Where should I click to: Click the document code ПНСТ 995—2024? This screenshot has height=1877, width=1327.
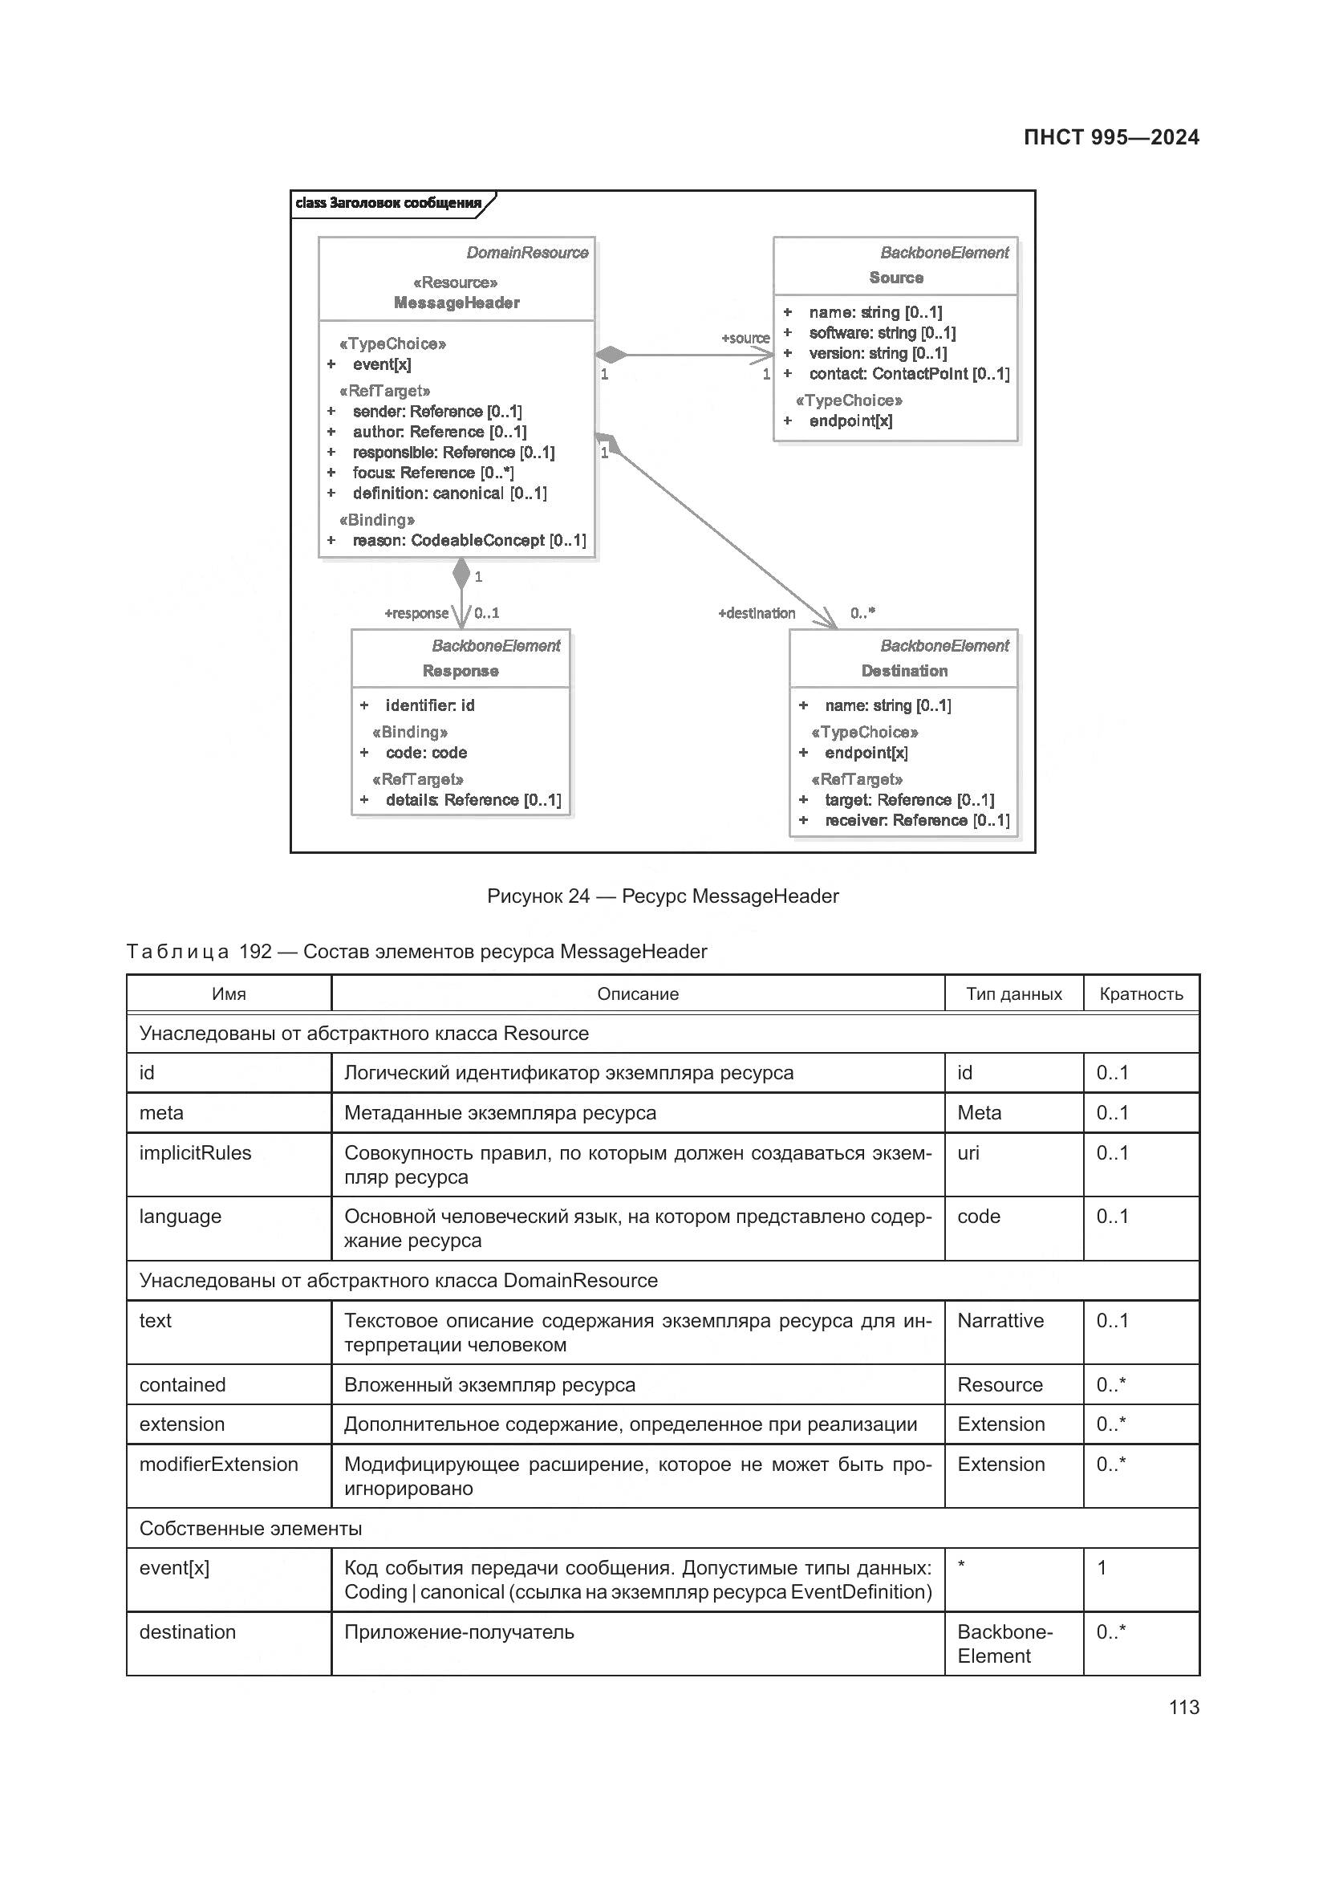[1110, 137]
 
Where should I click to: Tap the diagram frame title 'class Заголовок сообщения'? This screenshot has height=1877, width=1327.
[388, 203]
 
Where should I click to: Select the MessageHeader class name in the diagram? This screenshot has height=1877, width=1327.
[456, 303]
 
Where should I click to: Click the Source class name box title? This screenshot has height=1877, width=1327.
[895, 278]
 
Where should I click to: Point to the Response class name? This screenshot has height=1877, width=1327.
[460, 670]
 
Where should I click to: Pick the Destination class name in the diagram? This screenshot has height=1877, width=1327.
[903, 670]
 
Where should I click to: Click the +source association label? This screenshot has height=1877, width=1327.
[745, 339]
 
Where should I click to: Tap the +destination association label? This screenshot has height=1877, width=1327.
[756, 613]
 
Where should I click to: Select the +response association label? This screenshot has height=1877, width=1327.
[416, 613]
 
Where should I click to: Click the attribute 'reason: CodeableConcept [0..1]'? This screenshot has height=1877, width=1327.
[469, 540]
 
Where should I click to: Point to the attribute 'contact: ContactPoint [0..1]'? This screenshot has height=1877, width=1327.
[909, 374]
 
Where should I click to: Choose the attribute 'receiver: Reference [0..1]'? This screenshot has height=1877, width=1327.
[917, 820]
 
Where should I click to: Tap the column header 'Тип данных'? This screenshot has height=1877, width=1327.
[1013, 993]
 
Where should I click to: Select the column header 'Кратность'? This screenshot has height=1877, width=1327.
[1141, 993]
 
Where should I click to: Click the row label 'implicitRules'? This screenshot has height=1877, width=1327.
[195, 1152]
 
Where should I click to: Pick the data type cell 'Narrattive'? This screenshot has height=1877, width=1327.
[1000, 1320]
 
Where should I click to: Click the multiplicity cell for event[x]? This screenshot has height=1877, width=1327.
[1102, 1568]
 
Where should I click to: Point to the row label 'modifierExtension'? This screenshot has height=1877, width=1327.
[218, 1465]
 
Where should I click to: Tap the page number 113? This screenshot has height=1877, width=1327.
[1183, 1707]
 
